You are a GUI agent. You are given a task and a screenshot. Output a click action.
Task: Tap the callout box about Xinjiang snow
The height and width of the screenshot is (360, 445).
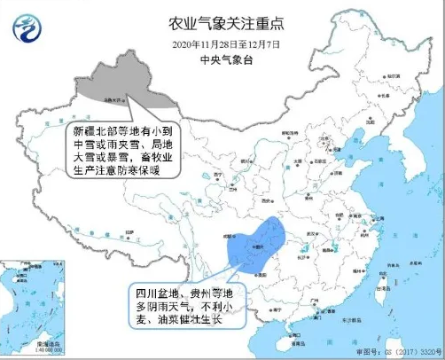126,148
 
